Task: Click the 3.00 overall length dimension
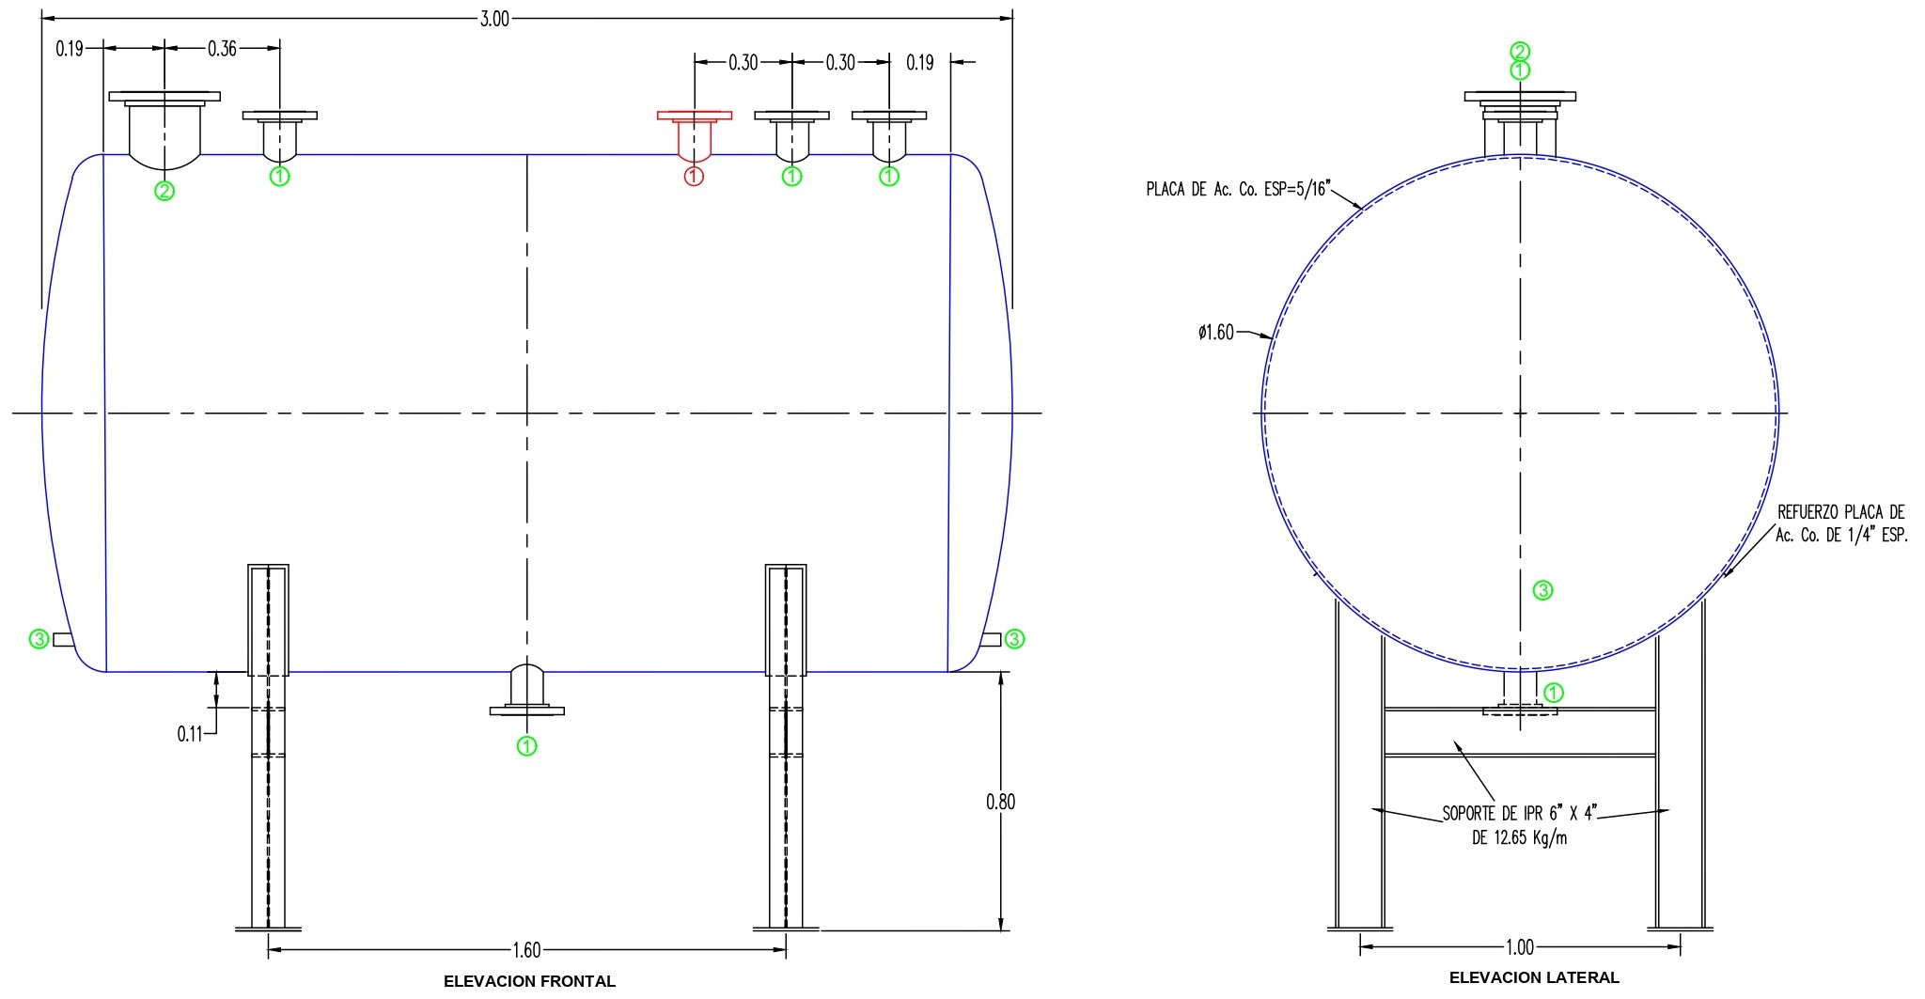click(x=494, y=19)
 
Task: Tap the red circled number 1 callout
click(x=694, y=176)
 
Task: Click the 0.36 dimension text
click(x=223, y=49)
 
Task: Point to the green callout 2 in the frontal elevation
click(x=164, y=191)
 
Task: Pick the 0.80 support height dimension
click(x=1000, y=802)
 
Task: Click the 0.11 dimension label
click(x=190, y=734)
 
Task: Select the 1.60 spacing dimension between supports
click(x=526, y=950)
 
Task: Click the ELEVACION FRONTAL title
click(x=529, y=981)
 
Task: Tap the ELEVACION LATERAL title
click(x=1534, y=977)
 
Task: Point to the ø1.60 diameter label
click(x=1216, y=333)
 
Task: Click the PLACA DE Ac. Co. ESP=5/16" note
click(x=1238, y=189)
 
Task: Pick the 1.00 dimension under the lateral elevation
click(x=1520, y=946)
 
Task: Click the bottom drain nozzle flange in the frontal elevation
click(x=527, y=710)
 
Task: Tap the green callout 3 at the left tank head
click(x=39, y=639)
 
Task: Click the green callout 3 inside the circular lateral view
click(x=1542, y=590)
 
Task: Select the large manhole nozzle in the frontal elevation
click(x=164, y=127)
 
